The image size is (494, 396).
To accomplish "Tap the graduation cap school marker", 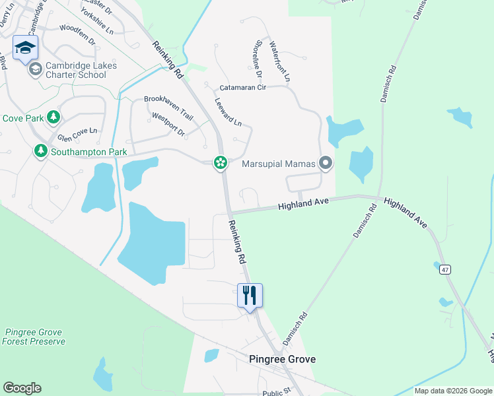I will [25, 48].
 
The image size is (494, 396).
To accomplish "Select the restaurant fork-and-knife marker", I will [250, 294].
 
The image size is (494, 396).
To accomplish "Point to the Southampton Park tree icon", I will [41, 152].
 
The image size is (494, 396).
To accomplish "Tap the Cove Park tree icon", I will [53, 118].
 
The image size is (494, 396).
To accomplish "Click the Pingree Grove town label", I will [282, 359].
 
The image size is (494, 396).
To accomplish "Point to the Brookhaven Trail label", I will [168, 106].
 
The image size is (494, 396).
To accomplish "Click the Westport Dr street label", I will [168, 123].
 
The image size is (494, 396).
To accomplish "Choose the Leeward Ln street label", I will [229, 113].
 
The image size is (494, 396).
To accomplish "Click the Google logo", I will [22, 388].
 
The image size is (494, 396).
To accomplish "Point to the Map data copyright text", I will [452, 391].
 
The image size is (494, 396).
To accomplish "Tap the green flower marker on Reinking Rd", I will [220, 162].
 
